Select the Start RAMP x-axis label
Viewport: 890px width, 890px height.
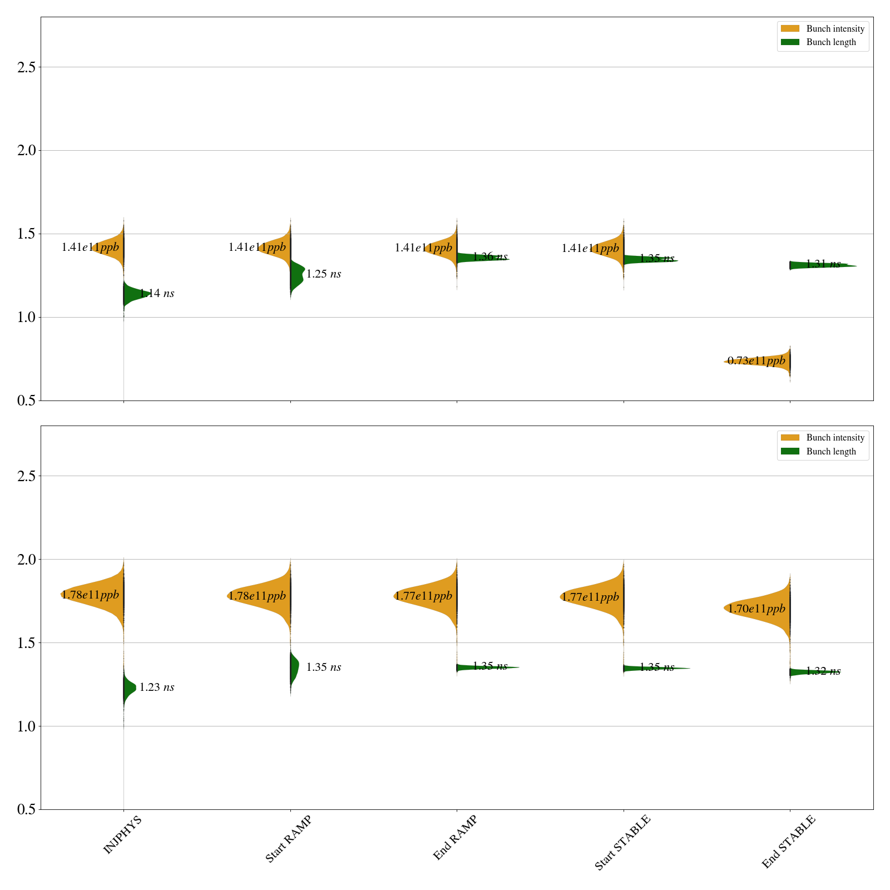288,839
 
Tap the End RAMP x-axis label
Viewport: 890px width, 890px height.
455,838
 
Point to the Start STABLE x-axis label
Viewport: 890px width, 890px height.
622,842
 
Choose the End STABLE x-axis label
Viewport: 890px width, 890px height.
788,841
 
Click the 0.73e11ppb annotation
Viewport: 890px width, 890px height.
756,361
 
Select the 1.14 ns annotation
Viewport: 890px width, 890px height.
157,294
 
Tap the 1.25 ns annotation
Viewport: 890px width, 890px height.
324,274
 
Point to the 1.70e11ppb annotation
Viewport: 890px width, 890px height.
756,609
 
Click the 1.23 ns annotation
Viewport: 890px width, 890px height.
157,688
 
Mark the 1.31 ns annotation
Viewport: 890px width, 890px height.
823,264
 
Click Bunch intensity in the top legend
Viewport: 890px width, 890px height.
835,29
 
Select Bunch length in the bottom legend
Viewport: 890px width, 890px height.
831,452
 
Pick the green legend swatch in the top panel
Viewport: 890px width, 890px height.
790,42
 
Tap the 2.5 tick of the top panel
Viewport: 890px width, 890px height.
26,67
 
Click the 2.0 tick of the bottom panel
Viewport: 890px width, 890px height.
26,560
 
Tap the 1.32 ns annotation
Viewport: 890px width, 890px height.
823,671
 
